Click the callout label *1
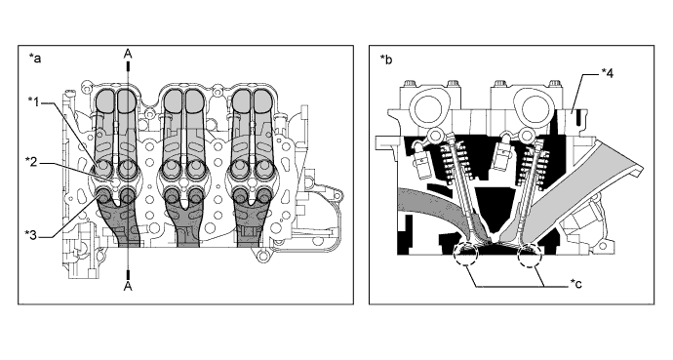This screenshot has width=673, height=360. coord(35,101)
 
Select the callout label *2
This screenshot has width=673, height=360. coord(33,162)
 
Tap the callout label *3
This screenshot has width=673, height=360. coord(33,235)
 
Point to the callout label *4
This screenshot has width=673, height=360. coord(606,73)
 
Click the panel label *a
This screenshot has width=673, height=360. coord(35,58)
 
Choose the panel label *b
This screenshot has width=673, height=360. coord(386,60)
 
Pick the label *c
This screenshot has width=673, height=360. coord(576,283)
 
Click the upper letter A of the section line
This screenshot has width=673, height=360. coord(128,54)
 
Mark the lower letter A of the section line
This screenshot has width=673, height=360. coord(128,286)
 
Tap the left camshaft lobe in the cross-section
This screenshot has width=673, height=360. coord(427,105)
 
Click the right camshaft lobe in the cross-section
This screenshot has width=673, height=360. coord(532,105)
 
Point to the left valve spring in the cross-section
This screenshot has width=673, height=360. coord(453,163)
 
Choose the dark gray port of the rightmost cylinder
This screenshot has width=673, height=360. coord(249,214)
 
